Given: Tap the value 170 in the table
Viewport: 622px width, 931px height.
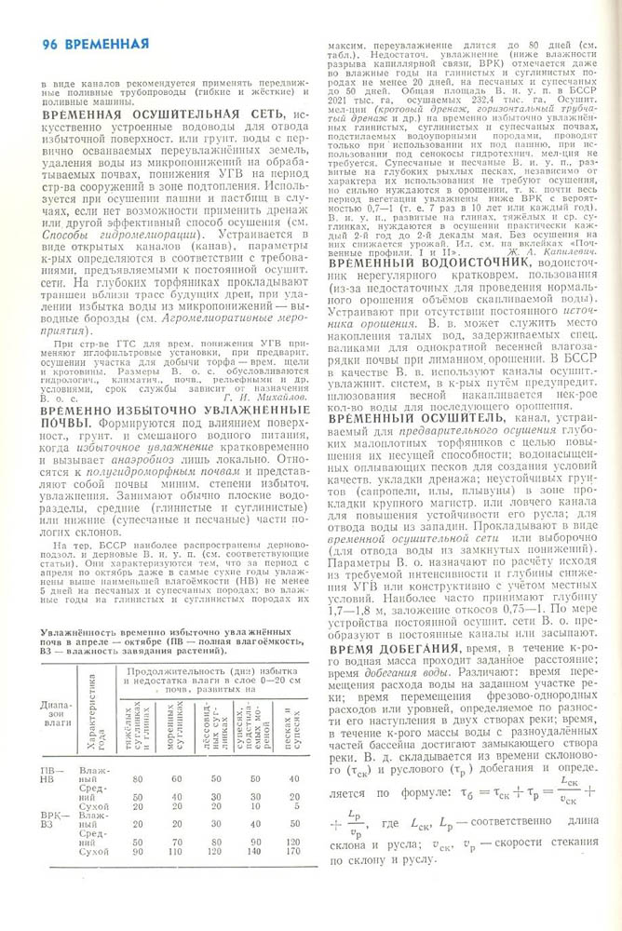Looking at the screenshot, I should point(293,851).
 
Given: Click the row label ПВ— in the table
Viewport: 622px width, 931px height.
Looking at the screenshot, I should point(52,771).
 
